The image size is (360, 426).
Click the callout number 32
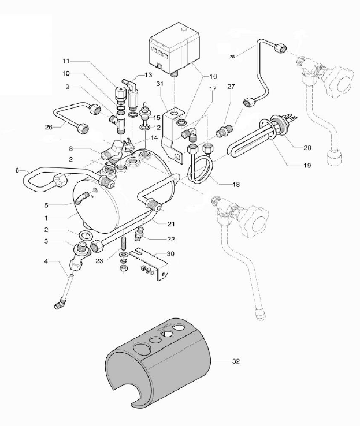pyautogui.click(x=237, y=362)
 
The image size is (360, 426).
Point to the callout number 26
pyautogui.click(x=48, y=127)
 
